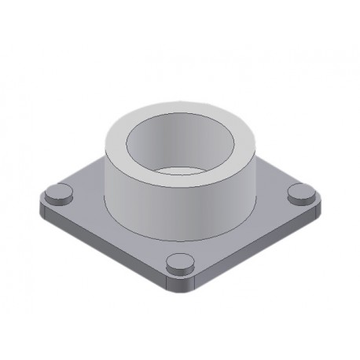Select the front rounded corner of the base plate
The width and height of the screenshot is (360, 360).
179,287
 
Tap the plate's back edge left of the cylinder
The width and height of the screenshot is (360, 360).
86,169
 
